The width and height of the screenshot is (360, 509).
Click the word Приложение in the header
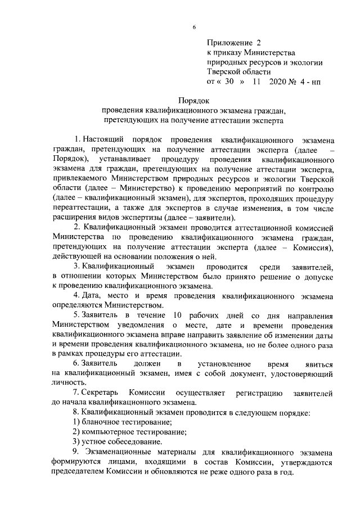coord(229,42)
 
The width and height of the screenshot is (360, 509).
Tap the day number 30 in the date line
coord(229,81)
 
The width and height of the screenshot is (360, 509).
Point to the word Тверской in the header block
coord(225,71)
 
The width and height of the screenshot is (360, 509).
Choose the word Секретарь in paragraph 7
coord(101,393)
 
